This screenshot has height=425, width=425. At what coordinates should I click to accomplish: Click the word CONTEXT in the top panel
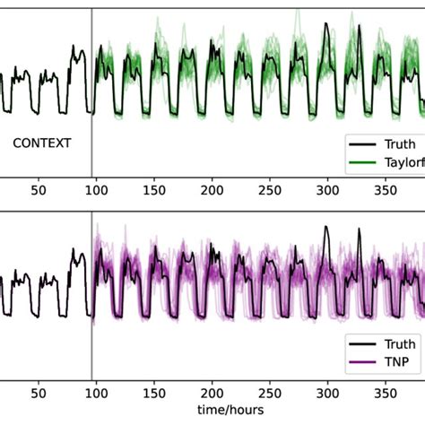click(41, 143)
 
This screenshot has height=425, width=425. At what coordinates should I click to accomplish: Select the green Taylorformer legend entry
click(395, 162)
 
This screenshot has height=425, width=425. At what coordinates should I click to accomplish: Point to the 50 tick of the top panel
click(39, 192)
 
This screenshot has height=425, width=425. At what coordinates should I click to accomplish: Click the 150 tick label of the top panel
click(155, 192)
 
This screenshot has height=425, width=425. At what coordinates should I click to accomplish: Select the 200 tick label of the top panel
click(212, 192)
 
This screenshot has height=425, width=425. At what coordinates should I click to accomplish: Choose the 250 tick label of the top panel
click(271, 192)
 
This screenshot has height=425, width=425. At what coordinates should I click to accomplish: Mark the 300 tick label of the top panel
click(328, 192)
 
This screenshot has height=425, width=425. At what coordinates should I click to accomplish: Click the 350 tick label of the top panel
click(386, 192)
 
